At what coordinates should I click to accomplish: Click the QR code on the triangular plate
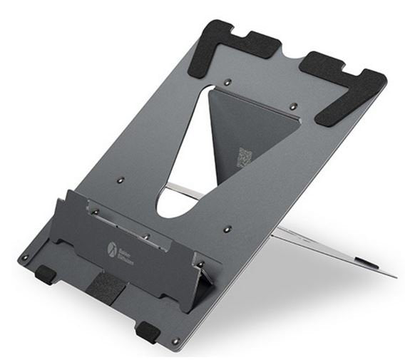click(x=245, y=158)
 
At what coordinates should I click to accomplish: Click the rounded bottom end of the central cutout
click(x=171, y=207)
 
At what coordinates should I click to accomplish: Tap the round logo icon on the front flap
click(x=112, y=249)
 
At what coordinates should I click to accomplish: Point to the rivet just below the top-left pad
click(x=227, y=83)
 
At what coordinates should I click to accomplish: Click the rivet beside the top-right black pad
click(x=293, y=106)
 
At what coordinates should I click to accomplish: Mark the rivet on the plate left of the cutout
click(x=121, y=180)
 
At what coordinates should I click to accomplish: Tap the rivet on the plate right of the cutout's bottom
click(x=227, y=230)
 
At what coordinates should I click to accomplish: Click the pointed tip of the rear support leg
click(x=394, y=276)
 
